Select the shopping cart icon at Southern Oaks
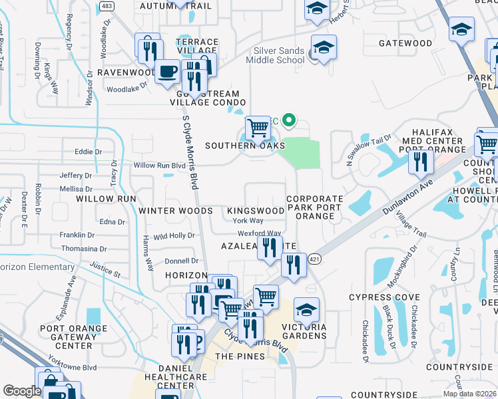[258, 127]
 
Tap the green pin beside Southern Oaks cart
[289, 120]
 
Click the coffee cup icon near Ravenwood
[167, 70]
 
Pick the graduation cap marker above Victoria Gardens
[306, 309]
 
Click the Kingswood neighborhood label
[256, 211]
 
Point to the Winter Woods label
[176, 211]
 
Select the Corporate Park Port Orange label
[315, 207]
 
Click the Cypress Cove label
[387, 297]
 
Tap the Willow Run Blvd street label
[159, 165]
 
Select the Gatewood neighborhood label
[405, 43]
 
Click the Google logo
[22, 391]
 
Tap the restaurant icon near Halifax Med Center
[420, 162]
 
